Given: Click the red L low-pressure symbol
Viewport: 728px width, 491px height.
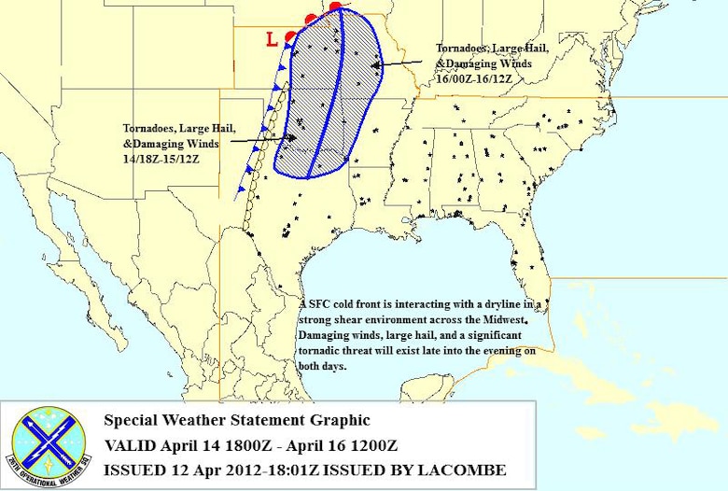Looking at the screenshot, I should coord(271,39).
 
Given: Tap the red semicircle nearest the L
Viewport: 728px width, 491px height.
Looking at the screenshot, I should coord(290,35).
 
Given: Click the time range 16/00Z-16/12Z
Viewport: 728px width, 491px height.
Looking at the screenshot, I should coord(477,78).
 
